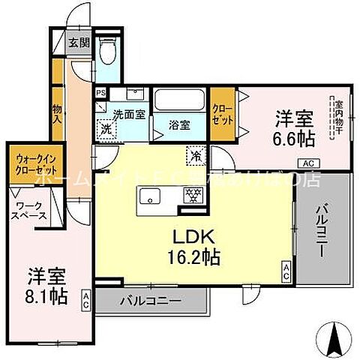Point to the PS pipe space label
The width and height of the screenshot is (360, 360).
[x=100, y=93]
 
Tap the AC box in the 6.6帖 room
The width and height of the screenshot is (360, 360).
[x=307, y=163]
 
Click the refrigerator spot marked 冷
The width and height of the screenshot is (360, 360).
[x=193, y=155]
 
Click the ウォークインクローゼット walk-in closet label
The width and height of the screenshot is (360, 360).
[x=31, y=164]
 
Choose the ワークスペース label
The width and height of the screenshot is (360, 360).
[x=31, y=209]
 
